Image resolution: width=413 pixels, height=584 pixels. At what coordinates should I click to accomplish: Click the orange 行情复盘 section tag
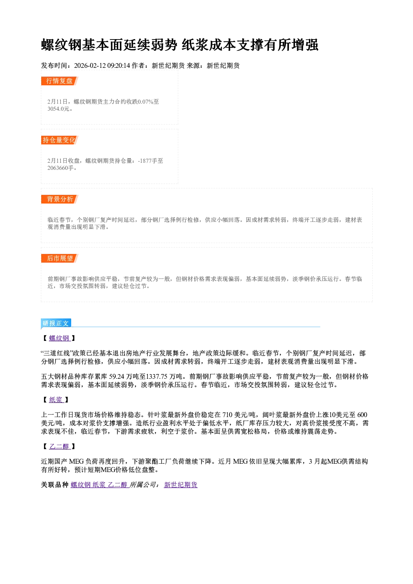point(60,81)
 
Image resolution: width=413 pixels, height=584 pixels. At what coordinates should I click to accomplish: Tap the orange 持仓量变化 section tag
point(60,140)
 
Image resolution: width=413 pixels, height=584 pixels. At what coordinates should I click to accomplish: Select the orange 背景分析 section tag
point(60,199)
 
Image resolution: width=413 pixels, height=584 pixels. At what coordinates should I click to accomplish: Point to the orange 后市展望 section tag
point(60,258)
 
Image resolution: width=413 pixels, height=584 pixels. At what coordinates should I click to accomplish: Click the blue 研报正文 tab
point(56,323)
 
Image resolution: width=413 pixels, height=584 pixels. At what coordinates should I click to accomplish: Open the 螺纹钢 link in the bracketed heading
point(60,338)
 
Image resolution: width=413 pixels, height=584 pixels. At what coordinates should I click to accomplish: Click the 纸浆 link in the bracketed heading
point(56,400)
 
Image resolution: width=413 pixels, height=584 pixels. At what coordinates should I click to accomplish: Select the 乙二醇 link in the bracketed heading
point(60,447)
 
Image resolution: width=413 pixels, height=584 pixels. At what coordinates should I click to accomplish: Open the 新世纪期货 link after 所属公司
point(181,485)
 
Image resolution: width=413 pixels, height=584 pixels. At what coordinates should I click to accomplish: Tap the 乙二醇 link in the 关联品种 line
point(118,485)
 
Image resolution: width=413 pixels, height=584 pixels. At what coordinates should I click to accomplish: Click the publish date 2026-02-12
point(90,66)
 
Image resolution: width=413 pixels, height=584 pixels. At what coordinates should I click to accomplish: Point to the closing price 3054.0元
point(59,109)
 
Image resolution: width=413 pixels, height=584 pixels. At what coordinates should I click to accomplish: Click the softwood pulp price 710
point(227,415)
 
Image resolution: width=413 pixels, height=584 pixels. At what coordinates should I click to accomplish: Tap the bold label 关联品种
point(55,485)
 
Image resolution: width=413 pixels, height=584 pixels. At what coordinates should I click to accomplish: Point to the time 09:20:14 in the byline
point(119,66)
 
